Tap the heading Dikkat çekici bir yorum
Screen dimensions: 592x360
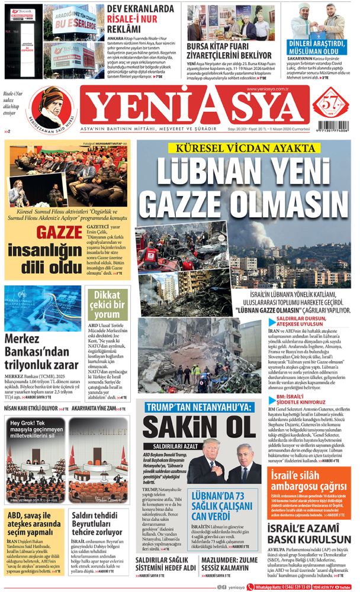click(x=107, y=305)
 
